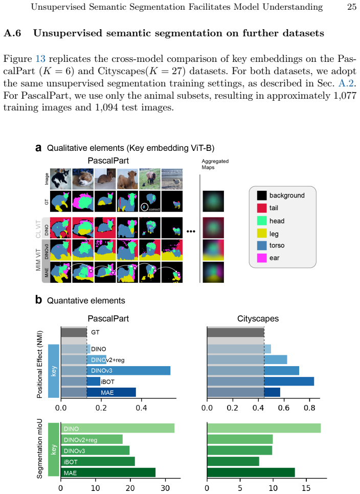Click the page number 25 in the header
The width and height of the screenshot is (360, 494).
352,7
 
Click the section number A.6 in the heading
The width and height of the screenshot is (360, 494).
12,33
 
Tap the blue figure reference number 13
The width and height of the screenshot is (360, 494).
40,59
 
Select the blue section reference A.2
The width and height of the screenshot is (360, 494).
346,83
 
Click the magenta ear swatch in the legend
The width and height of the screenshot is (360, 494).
262,258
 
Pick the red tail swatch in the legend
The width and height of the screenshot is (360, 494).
262,208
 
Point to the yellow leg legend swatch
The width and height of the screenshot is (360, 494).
262,234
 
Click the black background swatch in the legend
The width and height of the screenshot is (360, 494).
262,195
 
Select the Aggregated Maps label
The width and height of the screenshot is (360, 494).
215,164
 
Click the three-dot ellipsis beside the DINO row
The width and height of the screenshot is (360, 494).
191,231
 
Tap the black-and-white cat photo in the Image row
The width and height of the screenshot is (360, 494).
61,178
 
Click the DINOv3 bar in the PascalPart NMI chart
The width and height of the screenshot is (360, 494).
128,370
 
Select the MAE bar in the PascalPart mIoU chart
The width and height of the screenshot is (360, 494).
108,473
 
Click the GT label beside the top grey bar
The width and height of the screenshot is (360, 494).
95,332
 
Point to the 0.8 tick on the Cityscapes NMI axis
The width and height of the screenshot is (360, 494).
309,408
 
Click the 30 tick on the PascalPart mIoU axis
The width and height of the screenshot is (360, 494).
165,488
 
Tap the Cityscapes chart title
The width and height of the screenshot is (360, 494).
258,319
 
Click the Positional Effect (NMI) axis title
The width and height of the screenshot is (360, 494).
39,364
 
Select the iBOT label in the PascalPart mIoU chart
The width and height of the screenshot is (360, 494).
71,462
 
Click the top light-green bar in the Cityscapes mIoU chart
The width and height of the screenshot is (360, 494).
264,428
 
